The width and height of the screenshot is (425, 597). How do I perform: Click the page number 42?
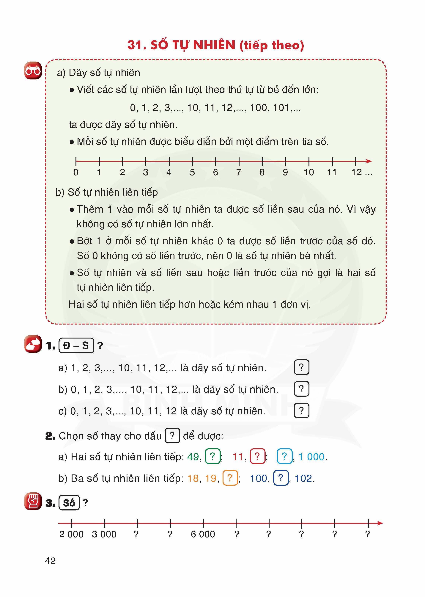[x=50, y=561]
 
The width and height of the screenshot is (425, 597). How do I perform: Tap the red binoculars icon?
[x=33, y=70]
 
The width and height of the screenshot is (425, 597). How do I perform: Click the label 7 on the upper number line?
[x=239, y=172]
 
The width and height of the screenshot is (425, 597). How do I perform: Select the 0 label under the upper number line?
[x=76, y=172]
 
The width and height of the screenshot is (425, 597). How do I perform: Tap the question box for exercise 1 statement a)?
[x=301, y=367]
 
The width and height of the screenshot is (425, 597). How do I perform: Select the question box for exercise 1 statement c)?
[x=301, y=410]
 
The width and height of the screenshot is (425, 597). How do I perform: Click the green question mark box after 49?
[x=213, y=456]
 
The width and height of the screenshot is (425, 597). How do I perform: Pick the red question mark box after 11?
[x=257, y=456]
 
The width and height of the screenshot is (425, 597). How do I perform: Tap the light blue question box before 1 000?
[x=284, y=456]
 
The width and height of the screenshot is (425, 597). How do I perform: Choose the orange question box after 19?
[x=230, y=478]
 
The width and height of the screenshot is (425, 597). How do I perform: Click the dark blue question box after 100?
[x=281, y=478]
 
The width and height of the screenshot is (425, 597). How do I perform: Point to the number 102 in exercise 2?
[x=304, y=478]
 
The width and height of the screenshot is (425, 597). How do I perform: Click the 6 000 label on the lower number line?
[x=203, y=534]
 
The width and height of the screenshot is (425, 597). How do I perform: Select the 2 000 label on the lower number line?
[x=71, y=534]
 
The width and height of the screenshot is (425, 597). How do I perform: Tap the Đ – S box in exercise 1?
[x=76, y=346]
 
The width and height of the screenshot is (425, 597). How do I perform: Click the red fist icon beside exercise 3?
[x=33, y=501]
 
